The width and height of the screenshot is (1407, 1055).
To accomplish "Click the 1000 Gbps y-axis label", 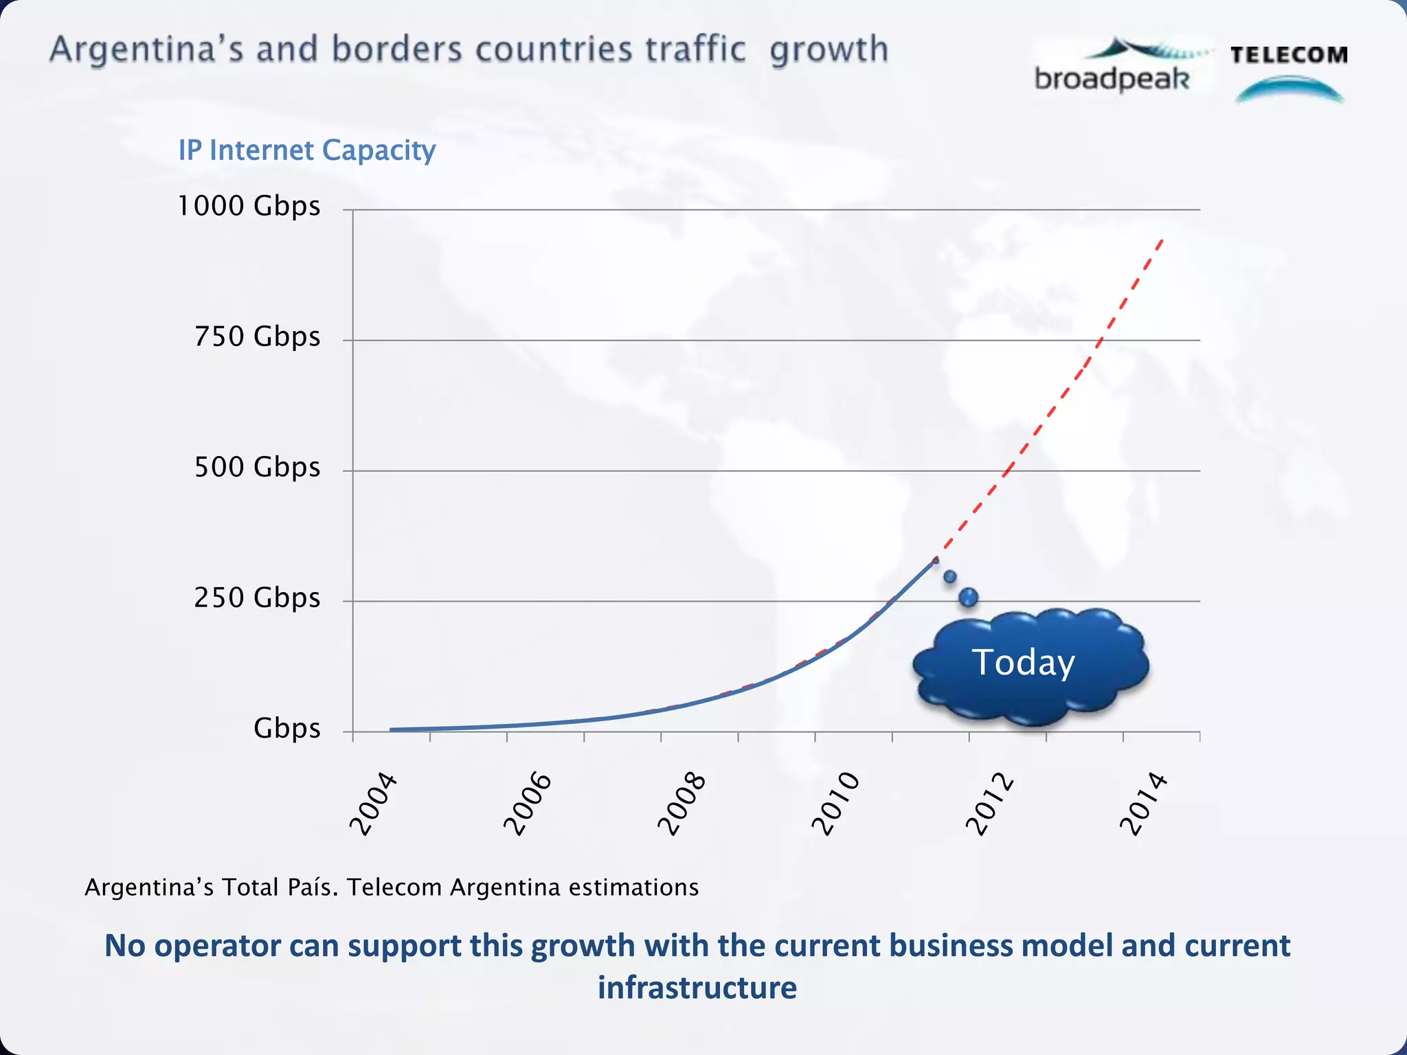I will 249,206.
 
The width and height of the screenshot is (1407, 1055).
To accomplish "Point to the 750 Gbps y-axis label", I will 257,337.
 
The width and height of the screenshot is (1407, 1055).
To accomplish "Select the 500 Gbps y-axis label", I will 257,467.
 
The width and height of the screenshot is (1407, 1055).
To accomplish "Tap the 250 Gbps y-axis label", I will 257,598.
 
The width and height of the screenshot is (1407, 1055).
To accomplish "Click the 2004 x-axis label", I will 374,804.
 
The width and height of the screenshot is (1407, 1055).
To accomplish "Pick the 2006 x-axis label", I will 528,804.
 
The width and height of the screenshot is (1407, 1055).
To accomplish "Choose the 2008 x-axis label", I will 682,804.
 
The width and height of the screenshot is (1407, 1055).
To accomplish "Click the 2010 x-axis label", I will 835,804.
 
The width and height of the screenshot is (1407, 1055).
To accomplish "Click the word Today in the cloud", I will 1023,663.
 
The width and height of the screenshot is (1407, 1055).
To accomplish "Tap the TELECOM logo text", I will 1289,55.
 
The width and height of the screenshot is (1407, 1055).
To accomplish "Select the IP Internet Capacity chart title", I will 307,150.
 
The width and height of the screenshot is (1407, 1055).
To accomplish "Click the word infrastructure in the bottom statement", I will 697,988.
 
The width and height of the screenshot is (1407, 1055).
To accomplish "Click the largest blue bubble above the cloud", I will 969,597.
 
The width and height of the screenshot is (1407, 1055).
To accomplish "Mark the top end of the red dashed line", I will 1162,239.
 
